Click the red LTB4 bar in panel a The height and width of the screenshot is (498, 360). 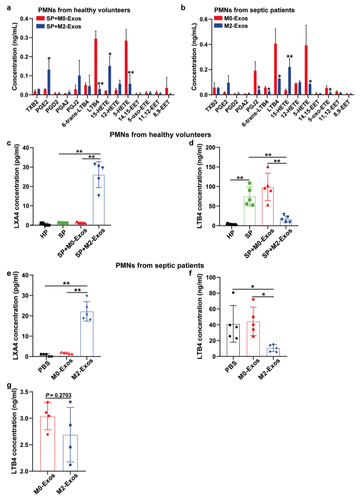coord(96,67)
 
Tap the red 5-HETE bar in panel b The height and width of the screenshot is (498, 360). coord(306,70)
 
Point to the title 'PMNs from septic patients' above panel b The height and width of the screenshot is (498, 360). coord(254,10)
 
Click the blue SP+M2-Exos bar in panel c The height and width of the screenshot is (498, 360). coord(98,200)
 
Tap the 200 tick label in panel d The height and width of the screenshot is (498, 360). coord(210,147)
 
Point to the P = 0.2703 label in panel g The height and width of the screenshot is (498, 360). coord(58,395)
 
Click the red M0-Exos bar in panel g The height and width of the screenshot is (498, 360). coord(48,444)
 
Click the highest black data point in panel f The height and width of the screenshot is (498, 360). coord(233,292)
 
